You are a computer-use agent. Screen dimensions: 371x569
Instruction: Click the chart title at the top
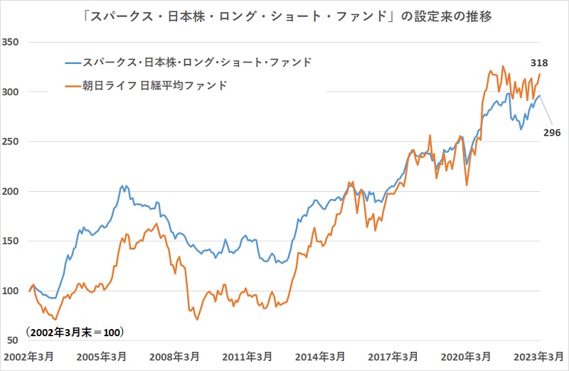tap(284, 14)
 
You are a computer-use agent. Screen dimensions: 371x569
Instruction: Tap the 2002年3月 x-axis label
tap(30, 355)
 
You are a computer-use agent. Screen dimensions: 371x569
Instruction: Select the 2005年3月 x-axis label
tap(102, 355)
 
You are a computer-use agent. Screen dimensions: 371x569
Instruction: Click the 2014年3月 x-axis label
tap(321, 355)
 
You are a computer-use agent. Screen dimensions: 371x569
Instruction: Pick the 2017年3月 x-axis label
tap(394, 355)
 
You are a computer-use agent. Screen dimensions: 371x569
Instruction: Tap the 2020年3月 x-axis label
tap(467, 355)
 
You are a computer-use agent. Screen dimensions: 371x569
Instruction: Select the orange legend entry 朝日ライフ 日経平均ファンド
tap(154, 85)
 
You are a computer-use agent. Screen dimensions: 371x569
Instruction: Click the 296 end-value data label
tap(552, 133)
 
